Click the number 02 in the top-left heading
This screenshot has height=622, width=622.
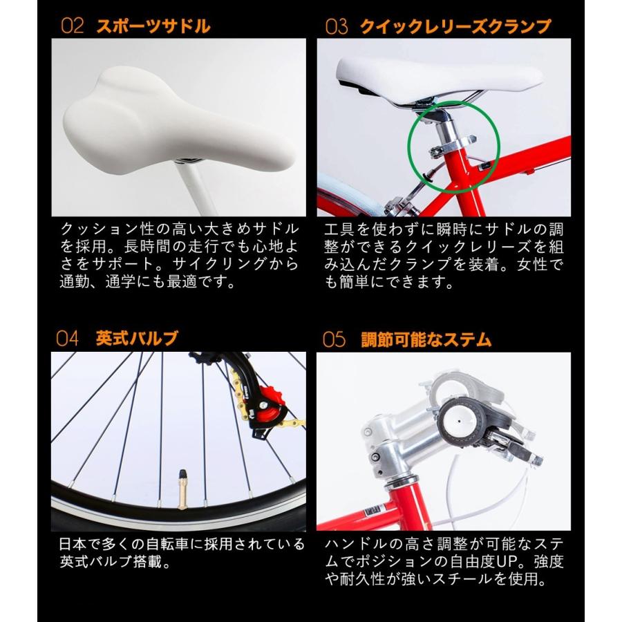72,27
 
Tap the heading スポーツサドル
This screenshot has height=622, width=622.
153,27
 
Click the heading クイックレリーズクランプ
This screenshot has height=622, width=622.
455,27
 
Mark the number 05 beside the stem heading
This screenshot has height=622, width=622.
333,339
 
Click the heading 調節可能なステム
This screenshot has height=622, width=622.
426,339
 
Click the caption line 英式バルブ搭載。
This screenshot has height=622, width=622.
115,562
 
